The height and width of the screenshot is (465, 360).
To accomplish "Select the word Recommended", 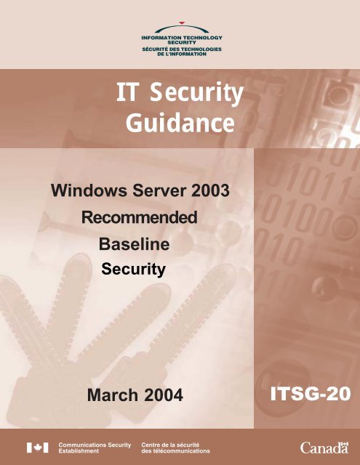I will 139,217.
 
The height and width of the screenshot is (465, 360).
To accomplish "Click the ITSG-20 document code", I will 310,394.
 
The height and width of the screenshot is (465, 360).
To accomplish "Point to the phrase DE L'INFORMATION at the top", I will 180,54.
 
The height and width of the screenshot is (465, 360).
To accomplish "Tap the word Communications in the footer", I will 83,443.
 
